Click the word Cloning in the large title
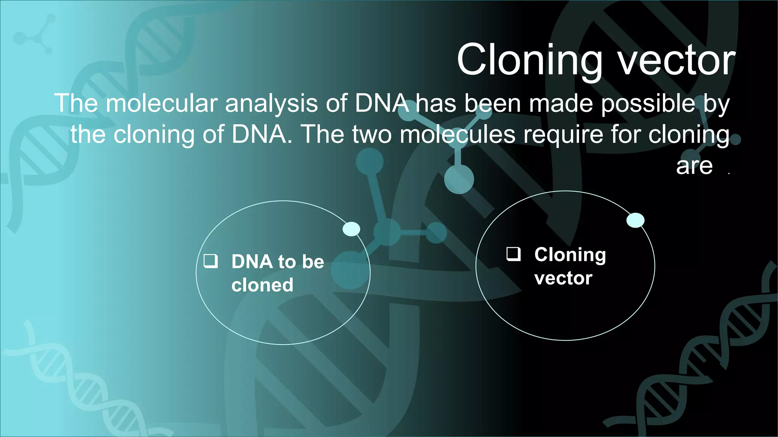[530, 60]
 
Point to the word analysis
[271, 103]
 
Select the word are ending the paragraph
[694, 166]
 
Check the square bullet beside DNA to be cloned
[211, 261]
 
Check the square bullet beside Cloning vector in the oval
[514, 254]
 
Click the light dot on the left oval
[351, 229]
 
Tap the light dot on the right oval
[635, 220]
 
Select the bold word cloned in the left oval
[262, 285]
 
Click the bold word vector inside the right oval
[563, 278]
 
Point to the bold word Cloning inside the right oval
[570, 255]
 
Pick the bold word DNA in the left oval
[252, 262]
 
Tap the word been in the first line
[493, 103]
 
